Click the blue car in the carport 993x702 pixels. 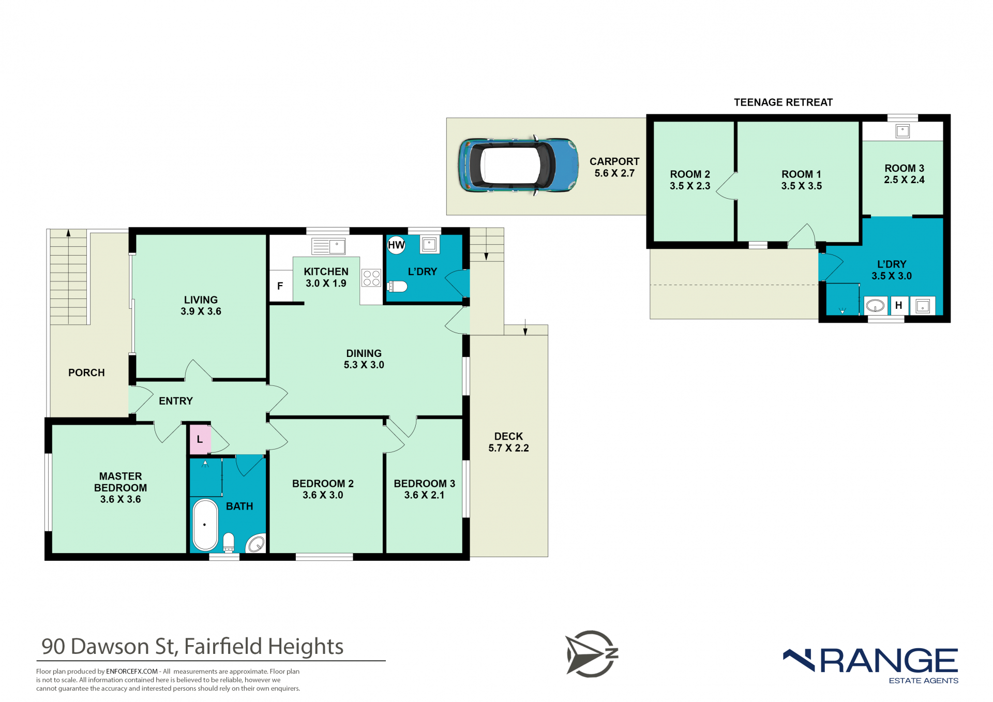[518, 166]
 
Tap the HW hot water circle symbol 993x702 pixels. [396, 245]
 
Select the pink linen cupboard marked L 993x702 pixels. [200, 440]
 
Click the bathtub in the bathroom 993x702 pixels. [205, 525]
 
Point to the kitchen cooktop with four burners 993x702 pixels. [371, 278]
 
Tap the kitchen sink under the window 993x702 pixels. [328, 246]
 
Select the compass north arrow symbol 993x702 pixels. [592, 653]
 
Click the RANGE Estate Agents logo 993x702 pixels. [871, 665]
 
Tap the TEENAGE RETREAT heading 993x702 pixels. [783, 102]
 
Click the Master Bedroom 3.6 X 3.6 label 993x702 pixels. [121, 487]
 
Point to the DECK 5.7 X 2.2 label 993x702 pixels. [508, 442]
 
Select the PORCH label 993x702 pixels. [86, 372]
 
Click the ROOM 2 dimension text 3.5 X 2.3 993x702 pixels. [690, 186]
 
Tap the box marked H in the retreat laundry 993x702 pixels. [899, 305]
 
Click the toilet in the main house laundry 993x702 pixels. [397, 286]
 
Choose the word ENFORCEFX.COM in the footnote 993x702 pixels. [132, 671]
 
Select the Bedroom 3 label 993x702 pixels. [425, 489]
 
